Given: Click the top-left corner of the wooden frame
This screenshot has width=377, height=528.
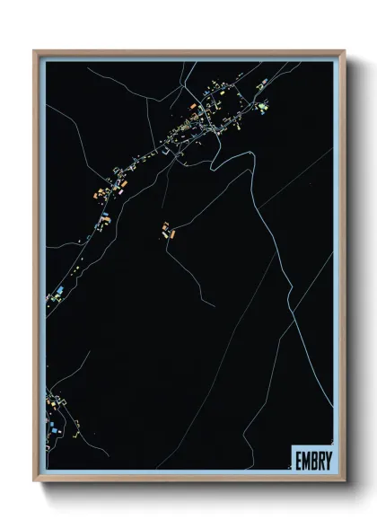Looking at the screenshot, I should [x=35, y=50].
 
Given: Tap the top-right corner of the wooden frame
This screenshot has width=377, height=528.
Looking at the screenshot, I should [x=345, y=50].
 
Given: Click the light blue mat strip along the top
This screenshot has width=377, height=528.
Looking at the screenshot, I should [x=189, y=57].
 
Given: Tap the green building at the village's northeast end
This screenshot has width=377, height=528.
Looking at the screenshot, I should [x=262, y=109].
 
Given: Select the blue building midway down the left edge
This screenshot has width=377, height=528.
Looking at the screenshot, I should [x=59, y=289].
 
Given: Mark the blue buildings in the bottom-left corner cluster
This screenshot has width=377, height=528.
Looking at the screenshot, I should [x=57, y=432].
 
